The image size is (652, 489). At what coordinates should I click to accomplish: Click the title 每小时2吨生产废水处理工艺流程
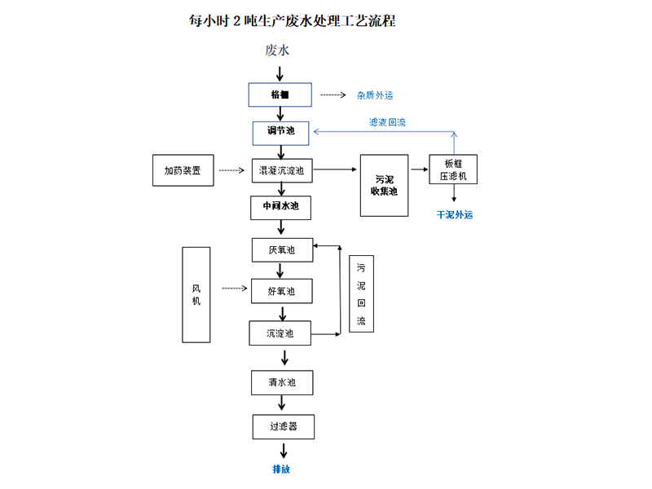(x=293, y=20)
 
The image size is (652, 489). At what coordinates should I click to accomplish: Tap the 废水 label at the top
(x=277, y=51)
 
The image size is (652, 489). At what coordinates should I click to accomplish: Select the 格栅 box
(x=280, y=95)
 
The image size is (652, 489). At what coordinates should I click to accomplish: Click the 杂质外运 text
(x=375, y=95)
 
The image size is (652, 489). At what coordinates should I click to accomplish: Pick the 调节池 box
(x=281, y=131)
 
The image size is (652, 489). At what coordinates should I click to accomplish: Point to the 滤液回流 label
(x=387, y=122)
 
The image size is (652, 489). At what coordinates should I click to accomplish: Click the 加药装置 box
(x=183, y=170)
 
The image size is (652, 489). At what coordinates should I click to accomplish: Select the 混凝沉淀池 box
(x=281, y=170)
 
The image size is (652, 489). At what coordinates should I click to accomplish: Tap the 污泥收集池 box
(x=385, y=185)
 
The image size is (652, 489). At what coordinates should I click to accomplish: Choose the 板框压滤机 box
(x=453, y=169)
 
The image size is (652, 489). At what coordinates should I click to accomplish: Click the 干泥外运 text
(x=455, y=215)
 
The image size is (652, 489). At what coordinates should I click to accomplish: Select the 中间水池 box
(x=280, y=207)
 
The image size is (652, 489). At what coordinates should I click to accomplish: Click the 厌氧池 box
(x=281, y=249)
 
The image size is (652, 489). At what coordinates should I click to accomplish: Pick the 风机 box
(x=196, y=294)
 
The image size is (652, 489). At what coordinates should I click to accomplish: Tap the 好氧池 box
(x=281, y=291)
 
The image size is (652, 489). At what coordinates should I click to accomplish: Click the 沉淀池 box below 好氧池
(x=281, y=333)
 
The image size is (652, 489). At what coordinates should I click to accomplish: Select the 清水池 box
(x=281, y=381)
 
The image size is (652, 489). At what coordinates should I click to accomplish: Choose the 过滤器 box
(x=282, y=426)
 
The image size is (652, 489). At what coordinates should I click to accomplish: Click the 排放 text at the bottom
(x=281, y=469)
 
